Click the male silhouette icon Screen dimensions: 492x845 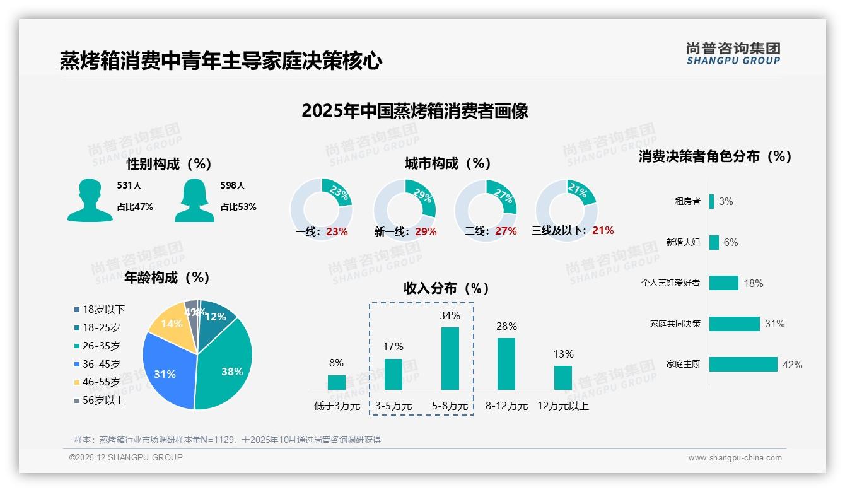pos(90,200)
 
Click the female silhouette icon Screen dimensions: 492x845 pos(194,200)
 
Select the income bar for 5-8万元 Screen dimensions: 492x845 pos(450,358)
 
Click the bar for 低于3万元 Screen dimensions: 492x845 pos(337,382)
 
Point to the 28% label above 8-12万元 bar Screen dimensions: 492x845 pos(506,327)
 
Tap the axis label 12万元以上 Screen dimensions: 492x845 pos(562,406)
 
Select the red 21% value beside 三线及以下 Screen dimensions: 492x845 pos(603,231)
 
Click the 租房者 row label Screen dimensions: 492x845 pos(687,202)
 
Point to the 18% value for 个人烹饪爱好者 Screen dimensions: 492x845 pos(753,283)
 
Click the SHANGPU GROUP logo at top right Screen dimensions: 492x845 pos(733,54)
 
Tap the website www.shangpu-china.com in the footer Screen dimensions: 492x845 pos(735,458)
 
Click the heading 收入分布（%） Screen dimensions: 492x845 pos(446,289)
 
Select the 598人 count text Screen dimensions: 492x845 pos(232,185)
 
